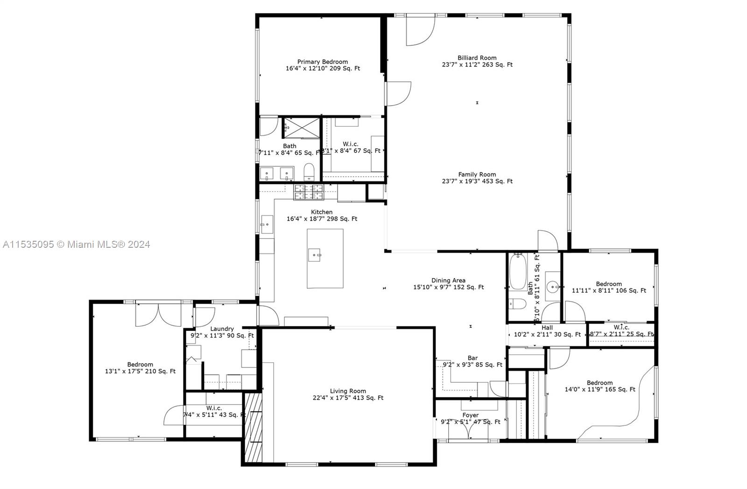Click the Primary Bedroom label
pyautogui.click(x=323, y=62)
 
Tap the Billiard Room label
pyautogui.click(x=477, y=58)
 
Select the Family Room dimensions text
pyautogui.click(x=477, y=181)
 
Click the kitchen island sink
pyautogui.click(x=314, y=255)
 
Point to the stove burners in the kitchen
pyautogui.click(x=308, y=191)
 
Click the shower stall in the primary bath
pyautogui.click(x=302, y=128)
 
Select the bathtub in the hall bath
pyautogui.click(x=517, y=273)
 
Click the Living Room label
pyautogui.click(x=348, y=391)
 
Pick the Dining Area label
pyautogui.click(x=448, y=280)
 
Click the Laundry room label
pyautogui.click(x=222, y=329)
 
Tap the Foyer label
pyautogui.click(x=470, y=415)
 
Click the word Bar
pyautogui.click(x=472, y=358)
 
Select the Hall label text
pyautogui.click(x=547, y=328)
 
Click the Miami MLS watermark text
pyautogui.click(x=77, y=244)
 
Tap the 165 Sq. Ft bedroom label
pyautogui.click(x=599, y=382)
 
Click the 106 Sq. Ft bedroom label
pyautogui.click(x=608, y=284)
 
